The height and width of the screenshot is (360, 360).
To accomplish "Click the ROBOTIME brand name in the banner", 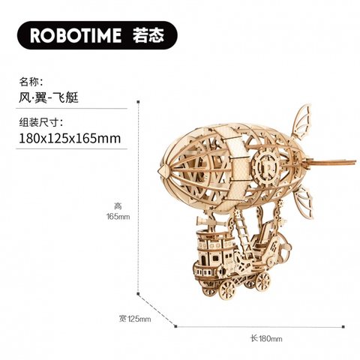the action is (x=76, y=35).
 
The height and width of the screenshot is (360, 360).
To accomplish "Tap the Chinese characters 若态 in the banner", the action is (x=148, y=35).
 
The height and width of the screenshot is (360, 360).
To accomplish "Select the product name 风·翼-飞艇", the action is (x=49, y=97).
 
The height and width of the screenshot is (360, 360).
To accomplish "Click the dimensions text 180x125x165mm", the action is (x=70, y=138).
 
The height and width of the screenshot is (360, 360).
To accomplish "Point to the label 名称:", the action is (x=31, y=82).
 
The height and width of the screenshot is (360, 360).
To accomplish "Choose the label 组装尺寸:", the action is (x=41, y=122).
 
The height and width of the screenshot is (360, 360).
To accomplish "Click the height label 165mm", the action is (x=118, y=217).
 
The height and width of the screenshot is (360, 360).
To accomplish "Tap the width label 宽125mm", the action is (x=135, y=319).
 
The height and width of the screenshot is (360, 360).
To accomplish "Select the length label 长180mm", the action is (x=266, y=338).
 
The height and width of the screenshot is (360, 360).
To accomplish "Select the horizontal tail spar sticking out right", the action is (x=329, y=162).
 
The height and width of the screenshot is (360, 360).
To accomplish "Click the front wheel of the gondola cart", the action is (x=228, y=289).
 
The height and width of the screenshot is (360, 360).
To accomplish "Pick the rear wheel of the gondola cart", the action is (x=262, y=281).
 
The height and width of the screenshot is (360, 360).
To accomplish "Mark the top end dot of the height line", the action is (x=138, y=102).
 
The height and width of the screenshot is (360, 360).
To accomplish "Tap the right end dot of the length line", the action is (x=343, y=326).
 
